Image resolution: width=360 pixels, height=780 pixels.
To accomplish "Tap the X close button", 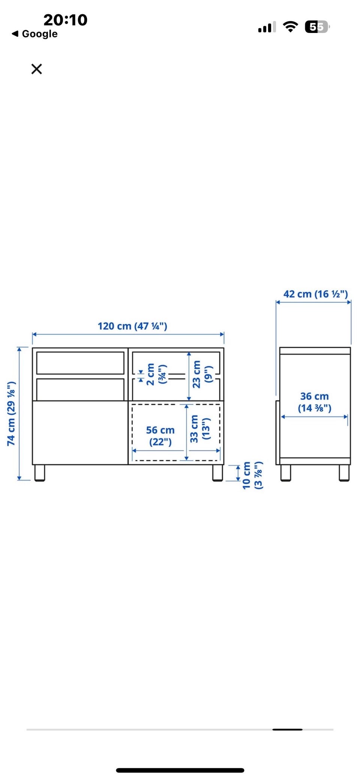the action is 37,69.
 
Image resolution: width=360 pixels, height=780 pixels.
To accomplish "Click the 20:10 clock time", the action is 66,20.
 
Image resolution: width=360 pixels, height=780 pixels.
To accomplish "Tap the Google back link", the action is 35,34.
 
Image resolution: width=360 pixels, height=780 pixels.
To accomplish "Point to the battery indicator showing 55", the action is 317,27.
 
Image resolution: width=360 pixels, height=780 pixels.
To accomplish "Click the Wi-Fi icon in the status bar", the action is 290,27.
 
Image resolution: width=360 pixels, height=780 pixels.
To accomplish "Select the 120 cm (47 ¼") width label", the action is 132,326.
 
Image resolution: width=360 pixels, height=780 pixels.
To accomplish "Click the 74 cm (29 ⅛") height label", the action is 12,414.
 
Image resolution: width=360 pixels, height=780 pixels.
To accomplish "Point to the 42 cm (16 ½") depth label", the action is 315,294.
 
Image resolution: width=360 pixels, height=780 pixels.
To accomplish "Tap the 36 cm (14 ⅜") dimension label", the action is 315,402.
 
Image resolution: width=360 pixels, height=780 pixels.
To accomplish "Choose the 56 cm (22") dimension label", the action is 160,436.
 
